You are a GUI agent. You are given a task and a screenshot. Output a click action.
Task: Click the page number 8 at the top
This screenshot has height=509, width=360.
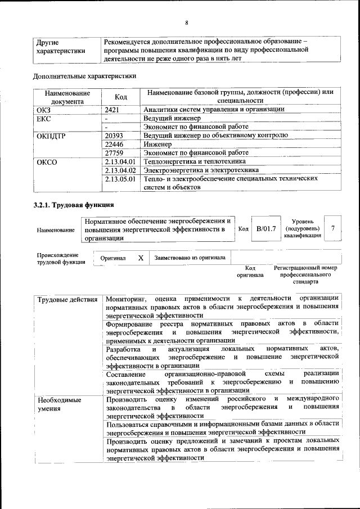[x=186, y=23]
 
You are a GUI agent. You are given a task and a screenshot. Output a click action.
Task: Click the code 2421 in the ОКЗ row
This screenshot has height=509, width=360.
[x=114, y=110]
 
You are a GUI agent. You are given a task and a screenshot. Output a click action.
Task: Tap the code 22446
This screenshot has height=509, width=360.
[x=114, y=144]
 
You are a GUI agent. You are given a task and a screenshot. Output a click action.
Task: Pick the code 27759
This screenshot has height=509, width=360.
[x=114, y=152]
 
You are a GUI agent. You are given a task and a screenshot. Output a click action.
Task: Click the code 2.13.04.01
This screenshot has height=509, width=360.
[x=120, y=161]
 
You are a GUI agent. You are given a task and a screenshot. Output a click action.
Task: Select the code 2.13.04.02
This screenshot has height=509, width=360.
[x=120, y=170]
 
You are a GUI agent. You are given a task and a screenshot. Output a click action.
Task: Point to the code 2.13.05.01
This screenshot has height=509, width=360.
[x=120, y=179]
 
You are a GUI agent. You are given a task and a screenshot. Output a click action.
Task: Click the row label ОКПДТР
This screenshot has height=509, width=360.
[x=52, y=136]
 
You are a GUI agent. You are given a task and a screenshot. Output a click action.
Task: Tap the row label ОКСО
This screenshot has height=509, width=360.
[x=47, y=162]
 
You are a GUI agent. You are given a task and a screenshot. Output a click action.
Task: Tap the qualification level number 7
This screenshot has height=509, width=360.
[x=334, y=228]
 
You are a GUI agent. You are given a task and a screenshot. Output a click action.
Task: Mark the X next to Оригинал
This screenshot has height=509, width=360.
[x=141, y=258]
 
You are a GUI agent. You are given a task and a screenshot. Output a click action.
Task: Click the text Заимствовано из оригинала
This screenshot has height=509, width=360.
[x=190, y=258]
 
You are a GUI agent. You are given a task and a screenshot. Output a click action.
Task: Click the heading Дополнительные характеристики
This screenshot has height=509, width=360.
[x=84, y=75]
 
